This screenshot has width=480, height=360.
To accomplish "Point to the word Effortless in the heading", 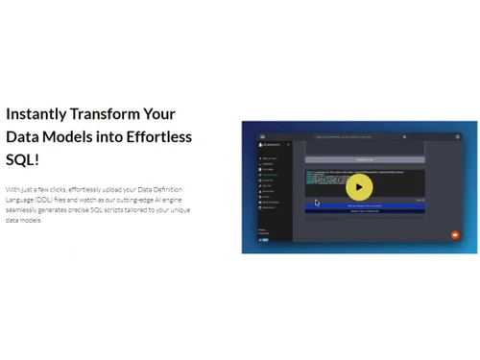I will [156, 136].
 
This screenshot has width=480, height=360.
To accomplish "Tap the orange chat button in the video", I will [455, 234].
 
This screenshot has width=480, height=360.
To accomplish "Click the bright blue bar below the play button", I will [356, 204].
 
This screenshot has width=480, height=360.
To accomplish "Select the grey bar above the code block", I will [356, 160].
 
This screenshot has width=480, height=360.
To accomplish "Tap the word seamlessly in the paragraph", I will [23, 209].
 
